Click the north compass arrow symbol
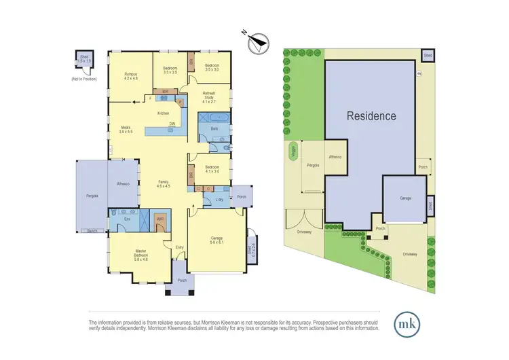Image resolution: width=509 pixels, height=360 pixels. pos(257,43)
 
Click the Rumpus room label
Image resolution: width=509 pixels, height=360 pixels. pos(130,77)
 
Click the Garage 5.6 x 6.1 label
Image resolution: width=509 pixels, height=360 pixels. pos(218,240)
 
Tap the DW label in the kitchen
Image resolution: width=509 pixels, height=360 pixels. pos(172,124)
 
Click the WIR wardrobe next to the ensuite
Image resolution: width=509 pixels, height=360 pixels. pos(160,220)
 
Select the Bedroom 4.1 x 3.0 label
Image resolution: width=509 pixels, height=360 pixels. pos(212,169)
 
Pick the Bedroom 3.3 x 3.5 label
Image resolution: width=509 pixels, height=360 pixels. pos(166,70)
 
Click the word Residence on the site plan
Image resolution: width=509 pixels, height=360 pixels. pos(371,115)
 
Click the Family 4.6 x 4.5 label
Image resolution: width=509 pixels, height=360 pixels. pos(163,184)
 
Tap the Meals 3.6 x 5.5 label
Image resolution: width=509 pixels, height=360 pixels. pos(126,129)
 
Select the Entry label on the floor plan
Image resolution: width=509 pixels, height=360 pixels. pos(179,247)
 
